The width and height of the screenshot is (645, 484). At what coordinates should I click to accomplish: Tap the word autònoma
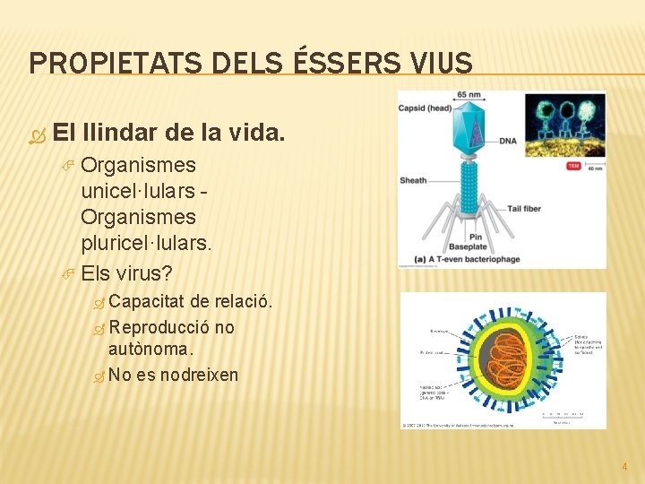point(150,350)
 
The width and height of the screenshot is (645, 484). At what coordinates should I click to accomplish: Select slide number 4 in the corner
point(624,466)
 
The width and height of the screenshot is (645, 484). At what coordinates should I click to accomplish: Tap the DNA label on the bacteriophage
point(508,142)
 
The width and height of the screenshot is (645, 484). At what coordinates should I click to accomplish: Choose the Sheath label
point(413,180)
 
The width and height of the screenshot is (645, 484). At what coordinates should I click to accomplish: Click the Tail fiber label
point(527,208)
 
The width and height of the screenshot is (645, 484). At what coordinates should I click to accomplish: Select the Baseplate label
point(468,246)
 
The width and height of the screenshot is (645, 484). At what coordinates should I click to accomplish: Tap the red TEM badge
point(572,166)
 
